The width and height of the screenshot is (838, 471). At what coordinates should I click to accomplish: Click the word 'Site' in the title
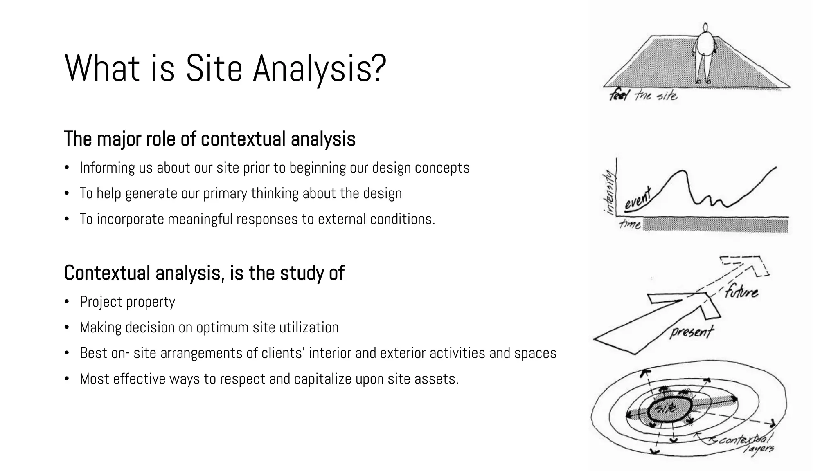214,68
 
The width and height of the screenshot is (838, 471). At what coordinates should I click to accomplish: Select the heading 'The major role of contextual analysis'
209,139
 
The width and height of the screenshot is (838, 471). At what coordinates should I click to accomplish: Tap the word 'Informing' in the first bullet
107,168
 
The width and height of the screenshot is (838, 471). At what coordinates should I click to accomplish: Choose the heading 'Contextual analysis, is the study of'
204,273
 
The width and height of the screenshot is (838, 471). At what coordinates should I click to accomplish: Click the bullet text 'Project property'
127,302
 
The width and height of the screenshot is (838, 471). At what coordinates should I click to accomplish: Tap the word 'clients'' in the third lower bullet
283,353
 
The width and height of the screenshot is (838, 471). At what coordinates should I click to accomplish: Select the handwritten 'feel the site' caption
643,96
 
